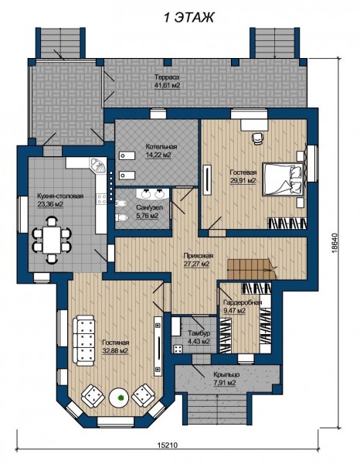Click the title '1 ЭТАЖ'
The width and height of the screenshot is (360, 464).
188,18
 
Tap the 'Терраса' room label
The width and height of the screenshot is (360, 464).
167,77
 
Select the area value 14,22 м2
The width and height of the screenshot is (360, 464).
159,155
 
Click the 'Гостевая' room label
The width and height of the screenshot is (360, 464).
243,172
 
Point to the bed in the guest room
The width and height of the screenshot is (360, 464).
284,179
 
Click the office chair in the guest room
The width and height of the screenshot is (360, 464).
257,138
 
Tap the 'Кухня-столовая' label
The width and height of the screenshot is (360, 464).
60,196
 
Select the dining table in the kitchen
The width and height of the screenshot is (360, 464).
52,240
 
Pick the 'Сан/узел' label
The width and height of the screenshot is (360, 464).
149,207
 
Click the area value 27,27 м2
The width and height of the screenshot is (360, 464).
197,264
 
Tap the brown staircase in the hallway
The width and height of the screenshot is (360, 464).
251,269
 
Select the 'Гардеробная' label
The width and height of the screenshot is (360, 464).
243,302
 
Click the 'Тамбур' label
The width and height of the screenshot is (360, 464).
199,333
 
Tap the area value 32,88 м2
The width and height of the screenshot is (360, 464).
115,351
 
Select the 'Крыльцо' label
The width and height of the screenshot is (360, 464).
226,374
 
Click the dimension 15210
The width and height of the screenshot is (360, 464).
168,445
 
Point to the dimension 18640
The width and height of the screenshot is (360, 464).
335,244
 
